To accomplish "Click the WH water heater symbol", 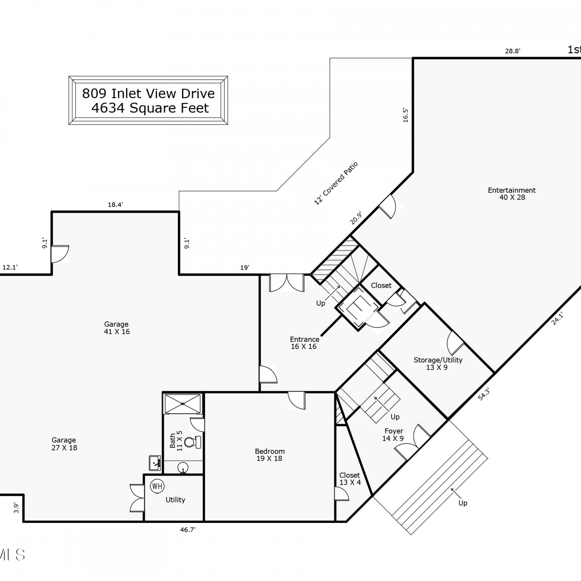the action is coord(157,486).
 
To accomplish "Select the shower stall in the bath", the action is coord(183,404).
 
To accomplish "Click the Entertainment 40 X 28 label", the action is coord(512,194).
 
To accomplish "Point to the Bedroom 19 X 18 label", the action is coord(270,455).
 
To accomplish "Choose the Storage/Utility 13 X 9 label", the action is coord(438,364).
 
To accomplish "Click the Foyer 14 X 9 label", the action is coord(394,435).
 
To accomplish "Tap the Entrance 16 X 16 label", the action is coord(304,343).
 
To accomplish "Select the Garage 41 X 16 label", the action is coord(117,328).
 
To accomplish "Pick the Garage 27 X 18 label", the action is coord(64,444).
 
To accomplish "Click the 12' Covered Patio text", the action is coord(336,183).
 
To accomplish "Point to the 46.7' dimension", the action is coord(187,529).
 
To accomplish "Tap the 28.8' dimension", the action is coord(512,51).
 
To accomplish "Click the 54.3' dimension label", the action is coord(484,394).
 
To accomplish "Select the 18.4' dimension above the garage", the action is coord(115,205).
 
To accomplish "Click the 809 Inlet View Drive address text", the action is coord(148,93).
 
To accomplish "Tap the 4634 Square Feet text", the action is coord(150,108).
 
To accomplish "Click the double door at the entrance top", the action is coord(287,283).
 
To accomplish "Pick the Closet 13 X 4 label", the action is coord(350,479).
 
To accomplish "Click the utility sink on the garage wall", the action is coord(155,463).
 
